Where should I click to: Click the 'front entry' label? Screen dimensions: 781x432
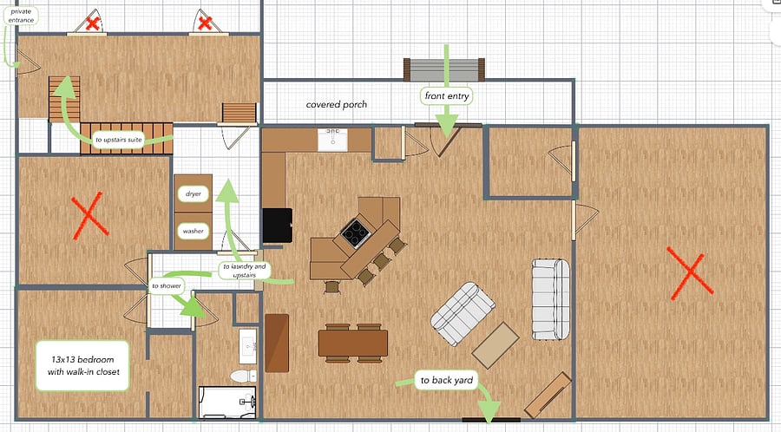point(446,96)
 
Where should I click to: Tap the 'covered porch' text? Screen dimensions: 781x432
point(336,104)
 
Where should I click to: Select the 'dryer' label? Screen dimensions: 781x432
point(194,193)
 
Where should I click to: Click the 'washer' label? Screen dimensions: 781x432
point(194,231)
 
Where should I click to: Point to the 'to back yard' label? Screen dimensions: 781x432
point(446,380)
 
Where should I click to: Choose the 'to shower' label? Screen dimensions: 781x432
point(167,285)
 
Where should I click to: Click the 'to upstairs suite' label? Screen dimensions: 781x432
point(119,140)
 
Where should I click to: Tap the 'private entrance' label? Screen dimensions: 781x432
point(21,16)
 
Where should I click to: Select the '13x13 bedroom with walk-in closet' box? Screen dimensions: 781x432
point(82,365)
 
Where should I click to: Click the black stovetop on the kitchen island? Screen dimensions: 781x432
point(355,232)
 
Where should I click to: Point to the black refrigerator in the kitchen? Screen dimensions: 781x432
point(277,226)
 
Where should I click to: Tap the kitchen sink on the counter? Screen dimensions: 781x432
point(332,139)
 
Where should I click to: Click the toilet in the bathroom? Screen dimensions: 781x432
point(244,376)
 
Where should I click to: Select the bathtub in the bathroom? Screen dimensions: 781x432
point(227,403)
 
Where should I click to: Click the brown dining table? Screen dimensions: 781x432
point(353,343)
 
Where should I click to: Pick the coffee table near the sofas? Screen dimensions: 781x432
point(496,345)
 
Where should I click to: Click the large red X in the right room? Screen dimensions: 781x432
point(690,274)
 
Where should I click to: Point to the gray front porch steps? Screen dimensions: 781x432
point(443,69)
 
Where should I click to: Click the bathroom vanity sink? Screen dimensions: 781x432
point(247,346)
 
